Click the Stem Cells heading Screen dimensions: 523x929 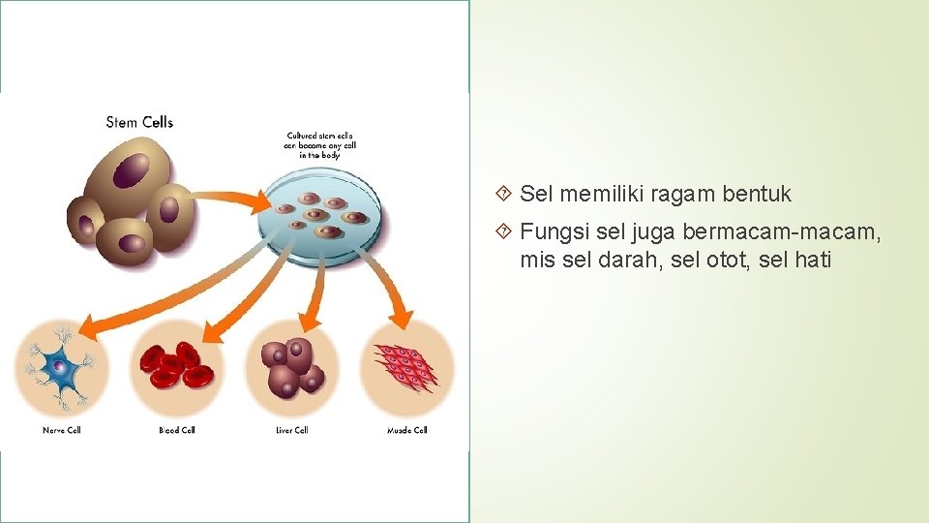tap(139, 122)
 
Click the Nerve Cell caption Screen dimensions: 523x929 tap(62, 430)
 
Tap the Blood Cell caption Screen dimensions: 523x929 tap(177, 430)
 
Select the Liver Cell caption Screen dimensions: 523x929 tap(291, 430)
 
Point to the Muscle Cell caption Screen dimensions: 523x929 tap(406, 430)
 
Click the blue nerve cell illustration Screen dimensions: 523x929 tap(62, 369)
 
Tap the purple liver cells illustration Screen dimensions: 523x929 tap(291, 365)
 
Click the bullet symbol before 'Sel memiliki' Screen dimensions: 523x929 tap(503, 194)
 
